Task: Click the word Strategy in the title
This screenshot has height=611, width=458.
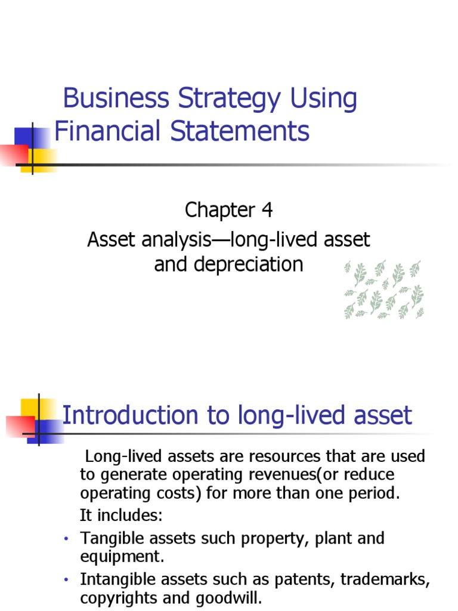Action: click(x=229, y=100)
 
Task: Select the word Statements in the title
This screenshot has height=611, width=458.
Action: click(x=240, y=131)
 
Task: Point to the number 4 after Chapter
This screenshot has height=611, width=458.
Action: click(x=267, y=210)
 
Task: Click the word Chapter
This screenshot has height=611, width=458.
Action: click(x=220, y=211)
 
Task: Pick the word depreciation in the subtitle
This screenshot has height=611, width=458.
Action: click(x=248, y=265)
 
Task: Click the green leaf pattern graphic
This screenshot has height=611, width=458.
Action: click(x=383, y=289)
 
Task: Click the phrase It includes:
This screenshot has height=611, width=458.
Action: click(x=121, y=515)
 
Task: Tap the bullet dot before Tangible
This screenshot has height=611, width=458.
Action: click(x=66, y=539)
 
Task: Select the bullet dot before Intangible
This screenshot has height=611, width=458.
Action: click(x=66, y=580)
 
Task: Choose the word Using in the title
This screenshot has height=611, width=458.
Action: click(x=323, y=100)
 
